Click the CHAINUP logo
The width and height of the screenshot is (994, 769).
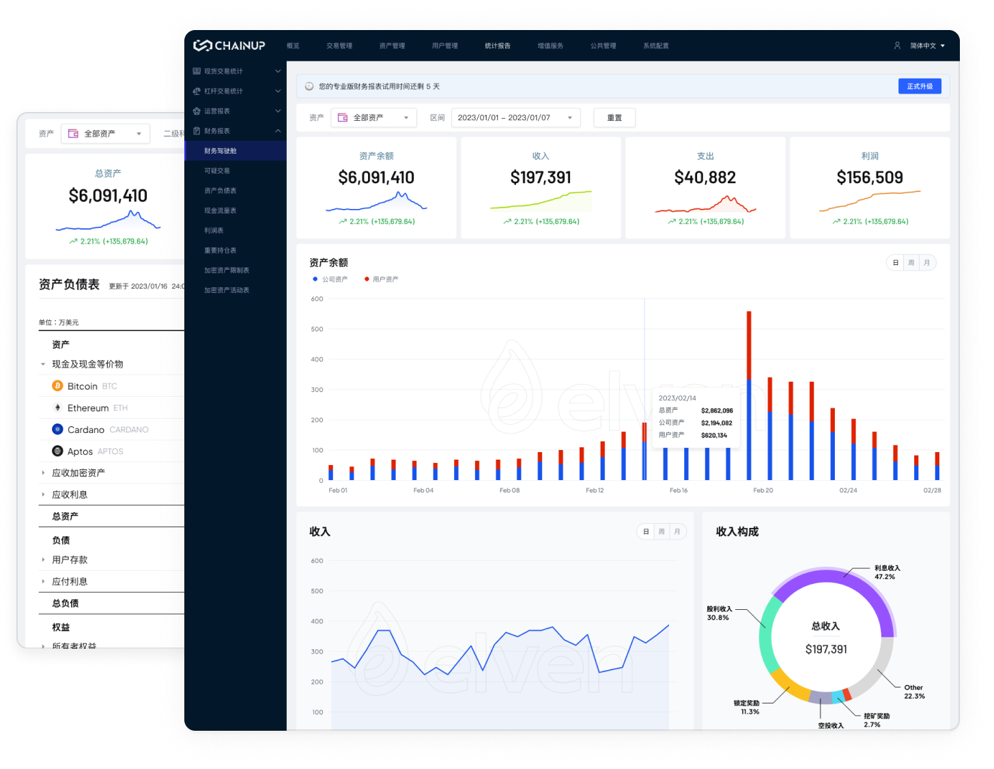pos(229,46)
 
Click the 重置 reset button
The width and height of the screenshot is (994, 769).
pos(614,117)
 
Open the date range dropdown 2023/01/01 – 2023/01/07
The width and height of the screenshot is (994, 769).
pos(515,117)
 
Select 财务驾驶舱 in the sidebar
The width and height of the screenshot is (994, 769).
pos(221,151)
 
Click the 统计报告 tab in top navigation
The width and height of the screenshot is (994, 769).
pos(498,46)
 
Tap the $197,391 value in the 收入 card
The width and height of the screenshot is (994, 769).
pos(541,178)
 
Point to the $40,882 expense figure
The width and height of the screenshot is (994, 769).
pos(705,178)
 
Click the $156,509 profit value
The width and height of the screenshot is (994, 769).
pos(869,178)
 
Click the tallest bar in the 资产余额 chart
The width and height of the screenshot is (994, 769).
pos(749,396)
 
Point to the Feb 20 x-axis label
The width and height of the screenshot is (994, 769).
pos(763,490)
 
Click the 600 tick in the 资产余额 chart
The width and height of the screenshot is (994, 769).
pos(317,299)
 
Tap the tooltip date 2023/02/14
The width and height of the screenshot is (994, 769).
pos(677,398)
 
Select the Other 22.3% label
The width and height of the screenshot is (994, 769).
pos(914,692)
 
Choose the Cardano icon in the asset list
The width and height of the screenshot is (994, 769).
pos(58,430)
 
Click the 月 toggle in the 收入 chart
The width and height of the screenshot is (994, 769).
pos(677,532)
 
